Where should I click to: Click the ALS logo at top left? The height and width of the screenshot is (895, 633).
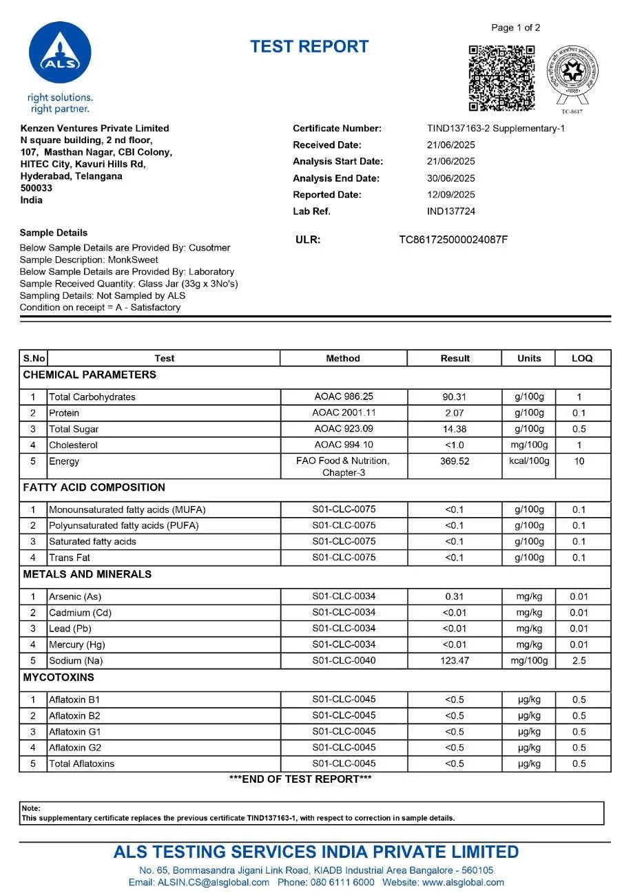pyautogui.click(x=60, y=54)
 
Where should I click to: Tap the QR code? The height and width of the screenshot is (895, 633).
pyautogui.click(x=502, y=78)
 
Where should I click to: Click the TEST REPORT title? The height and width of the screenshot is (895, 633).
pyautogui.click(x=309, y=47)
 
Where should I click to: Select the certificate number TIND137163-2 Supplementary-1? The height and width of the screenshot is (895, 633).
pyautogui.click(x=496, y=128)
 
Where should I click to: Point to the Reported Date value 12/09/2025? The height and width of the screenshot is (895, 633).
pyautogui.click(x=451, y=195)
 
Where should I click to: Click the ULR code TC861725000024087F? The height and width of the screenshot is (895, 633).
pyautogui.click(x=453, y=240)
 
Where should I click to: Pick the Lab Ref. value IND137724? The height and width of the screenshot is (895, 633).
pyautogui.click(x=451, y=211)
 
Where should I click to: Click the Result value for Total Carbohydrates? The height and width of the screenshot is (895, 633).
pyautogui.click(x=455, y=397)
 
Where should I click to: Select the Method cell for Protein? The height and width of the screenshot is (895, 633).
pyautogui.click(x=343, y=412)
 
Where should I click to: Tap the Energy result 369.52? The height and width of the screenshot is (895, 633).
pyautogui.click(x=455, y=461)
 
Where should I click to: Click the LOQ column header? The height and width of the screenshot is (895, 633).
pyautogui.click(x=582, y=358)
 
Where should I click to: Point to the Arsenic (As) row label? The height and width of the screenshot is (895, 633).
pyautogui.click(x=75, y=596)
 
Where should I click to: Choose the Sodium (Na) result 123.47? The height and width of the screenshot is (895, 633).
pyautogui.click(x=455, y=660)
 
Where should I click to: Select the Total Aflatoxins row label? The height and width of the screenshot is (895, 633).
pyautogui.click(x=81, y=764)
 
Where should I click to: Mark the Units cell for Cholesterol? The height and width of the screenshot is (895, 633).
pyautogui.click(x=529, y=445)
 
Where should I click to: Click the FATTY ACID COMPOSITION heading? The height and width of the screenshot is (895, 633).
pyautogui.click(x=94, y=487)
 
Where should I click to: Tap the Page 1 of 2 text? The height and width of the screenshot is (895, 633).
pyautogui.click(x=515, y=28)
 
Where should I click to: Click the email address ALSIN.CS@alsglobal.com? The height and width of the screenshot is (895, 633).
pyautogui.click(x=199, y=882)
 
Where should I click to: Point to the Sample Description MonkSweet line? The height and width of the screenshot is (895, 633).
pyautogui.click(x=89, y=260)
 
